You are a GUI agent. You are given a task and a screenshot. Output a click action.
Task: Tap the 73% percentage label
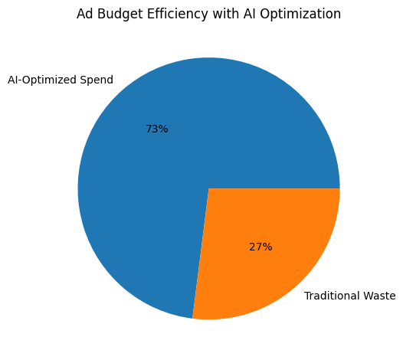coord(156,129)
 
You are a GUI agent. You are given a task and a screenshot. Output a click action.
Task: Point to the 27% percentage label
coord(260,247)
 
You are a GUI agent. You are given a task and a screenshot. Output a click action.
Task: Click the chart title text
coord(208,15)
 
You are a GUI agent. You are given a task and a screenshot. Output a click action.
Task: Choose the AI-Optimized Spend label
coord(61,80)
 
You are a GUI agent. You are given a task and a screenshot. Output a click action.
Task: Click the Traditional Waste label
coord(349,296)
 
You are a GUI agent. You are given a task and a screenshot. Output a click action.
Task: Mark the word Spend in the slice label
coord(98,80)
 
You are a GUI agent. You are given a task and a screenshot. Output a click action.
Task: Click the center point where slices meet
coord(208,188)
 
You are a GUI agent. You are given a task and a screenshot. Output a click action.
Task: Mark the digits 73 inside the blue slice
coord(152,129)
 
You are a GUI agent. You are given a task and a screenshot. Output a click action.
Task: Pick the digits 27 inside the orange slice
coord(257,247)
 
